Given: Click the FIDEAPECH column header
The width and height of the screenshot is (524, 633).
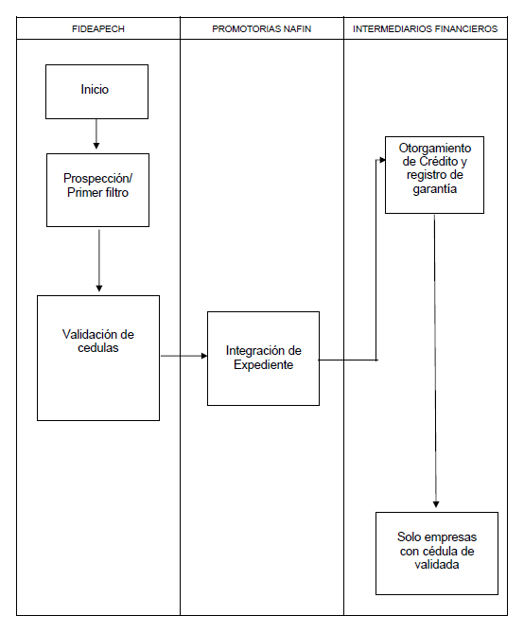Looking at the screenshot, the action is point(98,29).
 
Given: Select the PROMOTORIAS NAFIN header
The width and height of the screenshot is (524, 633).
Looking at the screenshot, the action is point(262,29).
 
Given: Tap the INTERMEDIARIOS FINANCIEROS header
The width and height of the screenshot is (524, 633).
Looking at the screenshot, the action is point(425,29).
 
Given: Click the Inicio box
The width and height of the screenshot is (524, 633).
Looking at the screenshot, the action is point(96,92).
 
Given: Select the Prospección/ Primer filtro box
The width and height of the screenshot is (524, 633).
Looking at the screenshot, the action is point(97,190).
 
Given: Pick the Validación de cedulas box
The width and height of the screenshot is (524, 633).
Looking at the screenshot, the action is point(98,358).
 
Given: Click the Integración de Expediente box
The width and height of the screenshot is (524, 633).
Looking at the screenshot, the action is point(263,359).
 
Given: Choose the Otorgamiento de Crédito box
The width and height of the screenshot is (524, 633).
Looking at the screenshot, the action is point(434,175).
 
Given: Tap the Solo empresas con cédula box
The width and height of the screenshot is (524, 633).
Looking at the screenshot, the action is point(437,554).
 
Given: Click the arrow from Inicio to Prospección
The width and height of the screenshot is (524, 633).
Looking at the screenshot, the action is point(96,134).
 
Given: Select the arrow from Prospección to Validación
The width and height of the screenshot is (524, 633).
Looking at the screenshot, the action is point(99,260).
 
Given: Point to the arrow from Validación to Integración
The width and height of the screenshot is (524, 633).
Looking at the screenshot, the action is point(184,356).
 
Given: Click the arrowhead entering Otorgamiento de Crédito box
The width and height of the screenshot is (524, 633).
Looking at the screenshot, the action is point(383,160).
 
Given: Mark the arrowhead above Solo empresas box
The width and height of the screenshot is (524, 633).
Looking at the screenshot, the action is point(436,504).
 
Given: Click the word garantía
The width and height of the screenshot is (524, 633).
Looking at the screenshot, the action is point(435,189).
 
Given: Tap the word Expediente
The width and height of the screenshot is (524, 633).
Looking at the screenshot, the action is point(263,365).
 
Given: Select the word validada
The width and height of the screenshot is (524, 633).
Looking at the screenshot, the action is point(437,564).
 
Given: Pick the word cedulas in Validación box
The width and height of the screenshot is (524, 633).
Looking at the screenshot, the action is point(98,347).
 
